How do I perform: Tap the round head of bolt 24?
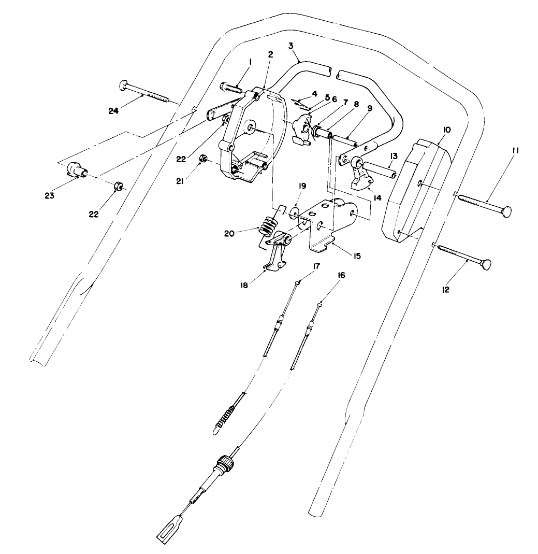coord(124,84)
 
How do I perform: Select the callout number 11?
coord(516,151)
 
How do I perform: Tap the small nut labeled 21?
coord(205,158)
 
